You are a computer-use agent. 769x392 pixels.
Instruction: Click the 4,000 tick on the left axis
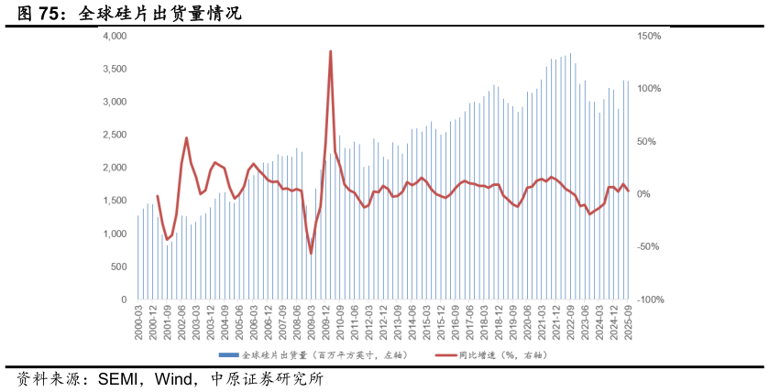pyautogui.click(x=115, y=36)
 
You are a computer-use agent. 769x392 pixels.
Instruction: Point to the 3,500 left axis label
pyautogui.click(x=115, y=69)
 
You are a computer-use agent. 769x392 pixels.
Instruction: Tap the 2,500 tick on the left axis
pyautogui.click(x=115, y=135)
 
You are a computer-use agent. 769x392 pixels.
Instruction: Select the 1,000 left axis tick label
pyautogui.click(x=115, y=234)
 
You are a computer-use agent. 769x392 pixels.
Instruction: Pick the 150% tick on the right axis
pyautogui.click(x=650, y=36)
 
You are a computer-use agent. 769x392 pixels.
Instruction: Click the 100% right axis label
pyautogui.click(x=650, y=89)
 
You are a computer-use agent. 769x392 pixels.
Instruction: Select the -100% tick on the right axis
pyautogui.click(x=651, y=299)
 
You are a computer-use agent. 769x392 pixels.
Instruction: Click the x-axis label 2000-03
pyautogui.click(x=139, y=322)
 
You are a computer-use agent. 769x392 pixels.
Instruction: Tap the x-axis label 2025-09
pyautogui.click(x=628, y=322)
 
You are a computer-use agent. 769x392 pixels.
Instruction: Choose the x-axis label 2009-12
pyautogui.click(x=325, y=322)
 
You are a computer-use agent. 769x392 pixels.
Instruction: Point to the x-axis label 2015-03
pyautogui.click(x=426, y=322)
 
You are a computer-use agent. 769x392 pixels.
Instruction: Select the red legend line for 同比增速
pyautogui.click(x=444, y=354)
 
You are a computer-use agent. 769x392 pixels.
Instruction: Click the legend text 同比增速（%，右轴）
pyautogui.click(x=503, y=354)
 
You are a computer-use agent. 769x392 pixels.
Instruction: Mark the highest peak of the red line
pyautogui.click(x=330, y=51)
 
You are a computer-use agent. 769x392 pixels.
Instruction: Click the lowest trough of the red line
pyautogui.click(x=311, y=253)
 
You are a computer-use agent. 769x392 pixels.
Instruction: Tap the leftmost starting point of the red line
pyautogui.click(x=157, y=195)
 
